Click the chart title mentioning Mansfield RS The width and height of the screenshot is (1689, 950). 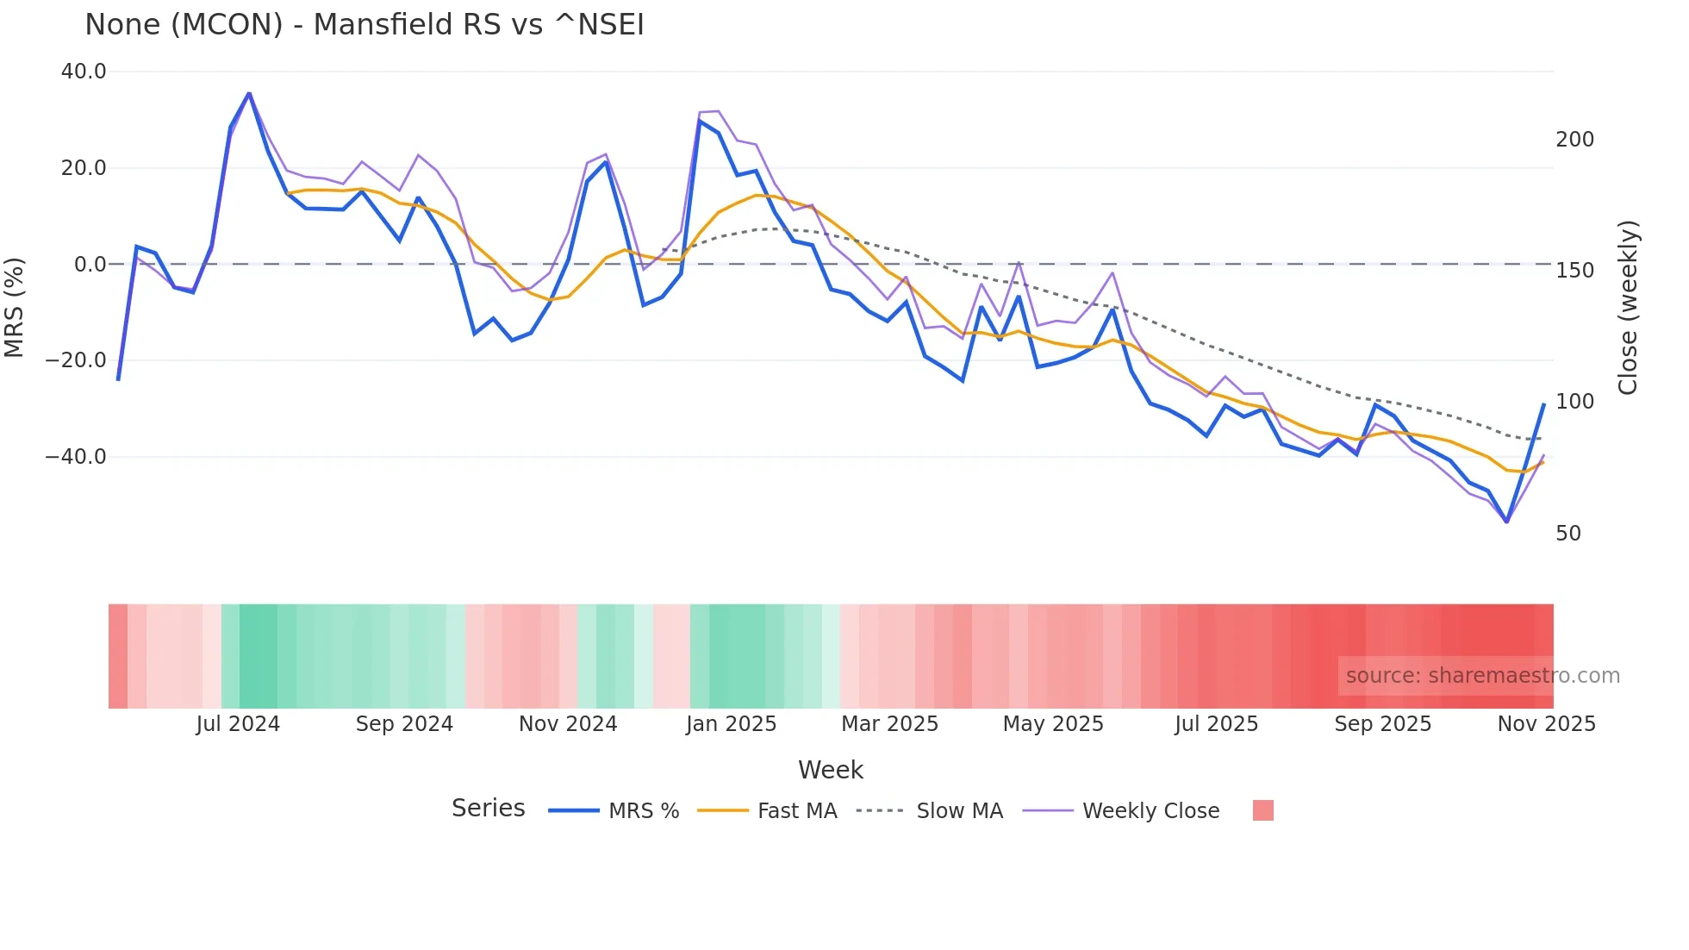[x=365, y=24]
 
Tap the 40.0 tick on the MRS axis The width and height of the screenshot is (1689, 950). [x=84, y=72]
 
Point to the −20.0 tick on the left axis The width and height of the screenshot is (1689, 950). [x=76, y=360]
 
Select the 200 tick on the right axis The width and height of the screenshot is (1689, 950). [x=1574, y=140]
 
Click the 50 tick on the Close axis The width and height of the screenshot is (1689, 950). [x=1568, y=534]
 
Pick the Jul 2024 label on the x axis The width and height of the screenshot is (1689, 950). [x=238, y=724]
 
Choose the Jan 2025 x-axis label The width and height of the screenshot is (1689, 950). [x=731, y=724]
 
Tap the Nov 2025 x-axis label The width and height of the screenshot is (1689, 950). [x=1546, y=724]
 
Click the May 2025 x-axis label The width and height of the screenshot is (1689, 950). [x=1053, y=724]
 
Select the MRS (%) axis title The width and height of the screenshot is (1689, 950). [x=15, y=307]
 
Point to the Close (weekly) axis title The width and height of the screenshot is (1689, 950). [x=1627, y=308]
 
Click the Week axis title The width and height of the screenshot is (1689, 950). [x=830, y=770]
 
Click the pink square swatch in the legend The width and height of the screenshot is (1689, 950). [x=1262, y=810]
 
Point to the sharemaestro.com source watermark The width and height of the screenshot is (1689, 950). [x=1482, y=676]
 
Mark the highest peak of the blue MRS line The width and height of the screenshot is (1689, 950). [x=249, y=93]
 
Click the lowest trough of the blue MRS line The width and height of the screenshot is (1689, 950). [x=1506, y=522]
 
